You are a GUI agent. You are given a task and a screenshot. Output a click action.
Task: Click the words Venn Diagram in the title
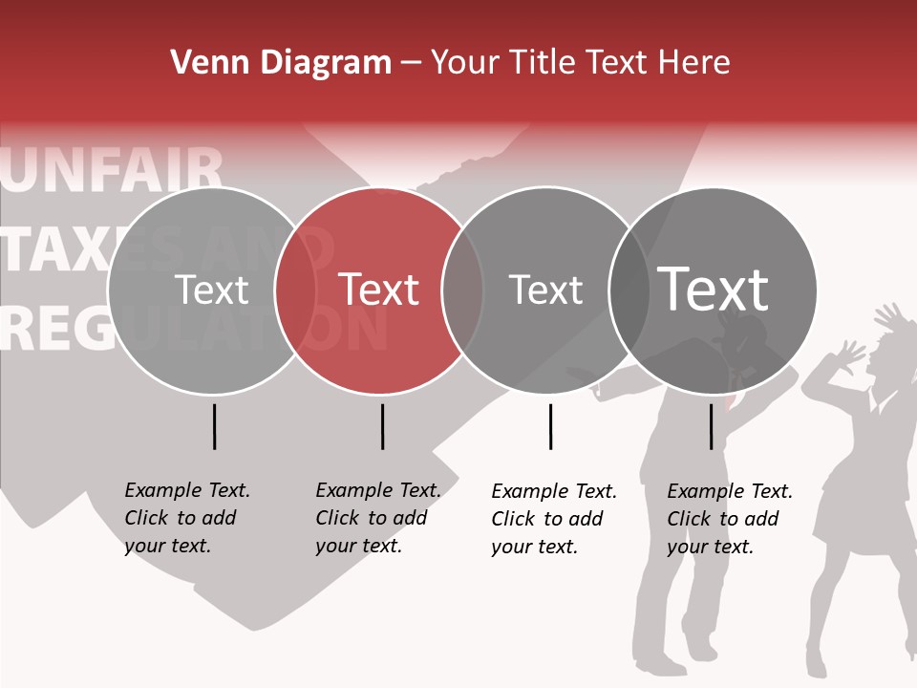(281, 63)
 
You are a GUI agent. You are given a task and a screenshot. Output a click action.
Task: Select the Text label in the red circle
(379, 290)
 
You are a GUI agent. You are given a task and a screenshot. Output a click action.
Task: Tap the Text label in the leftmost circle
(212, 290)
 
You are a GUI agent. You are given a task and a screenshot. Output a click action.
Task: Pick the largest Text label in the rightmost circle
(714, 289)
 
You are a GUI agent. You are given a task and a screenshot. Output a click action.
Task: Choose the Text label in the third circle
(546, 290)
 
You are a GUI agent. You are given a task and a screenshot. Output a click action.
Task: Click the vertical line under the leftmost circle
(215, 426)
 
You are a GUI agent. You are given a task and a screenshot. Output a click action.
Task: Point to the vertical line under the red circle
(382, 426)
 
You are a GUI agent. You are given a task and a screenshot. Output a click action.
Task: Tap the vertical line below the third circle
(550, 426)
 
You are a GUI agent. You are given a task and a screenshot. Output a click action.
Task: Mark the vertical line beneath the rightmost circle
(712, 426)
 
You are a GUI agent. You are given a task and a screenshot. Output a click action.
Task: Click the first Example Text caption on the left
(187, 518)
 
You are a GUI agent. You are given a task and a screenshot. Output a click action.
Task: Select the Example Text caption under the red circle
(378, 518)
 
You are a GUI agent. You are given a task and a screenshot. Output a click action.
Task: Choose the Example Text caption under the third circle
(554, 519)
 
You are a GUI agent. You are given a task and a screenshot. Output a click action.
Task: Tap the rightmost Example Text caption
(730, 519)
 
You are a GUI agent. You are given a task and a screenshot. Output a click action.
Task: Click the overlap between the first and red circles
(296, 290)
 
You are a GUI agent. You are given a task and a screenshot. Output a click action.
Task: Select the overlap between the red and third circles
(463, 290)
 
